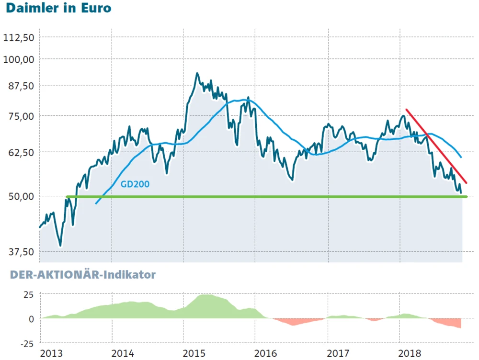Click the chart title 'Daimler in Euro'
58,8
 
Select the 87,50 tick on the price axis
19,86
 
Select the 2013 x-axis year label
51,353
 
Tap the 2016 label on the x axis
266,353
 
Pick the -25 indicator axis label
26,343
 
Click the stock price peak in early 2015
197,74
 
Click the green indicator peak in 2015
205,296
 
